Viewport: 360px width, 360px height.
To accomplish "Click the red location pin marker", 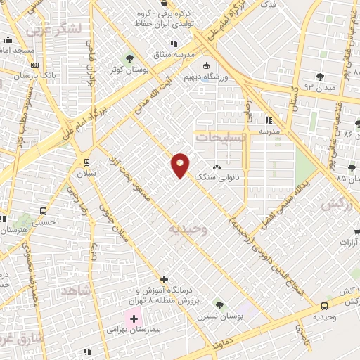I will (x=180, y=166).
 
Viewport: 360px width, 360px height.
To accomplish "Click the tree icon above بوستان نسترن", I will (x=219, y=305).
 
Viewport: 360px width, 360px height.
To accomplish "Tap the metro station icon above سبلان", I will (x=86, y=161).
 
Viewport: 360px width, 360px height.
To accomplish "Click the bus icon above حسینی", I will (x=44, y=210).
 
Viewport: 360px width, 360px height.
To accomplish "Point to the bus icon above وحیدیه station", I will (x=324, y=306).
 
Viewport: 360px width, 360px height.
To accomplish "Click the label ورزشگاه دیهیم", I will (x=205, y=77).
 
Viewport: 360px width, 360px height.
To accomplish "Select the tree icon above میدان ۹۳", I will (x=320, y=76).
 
